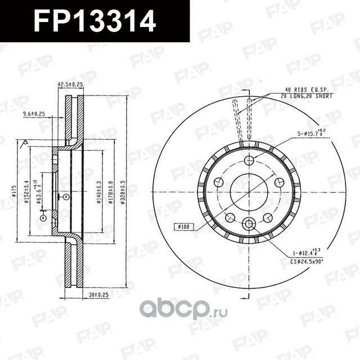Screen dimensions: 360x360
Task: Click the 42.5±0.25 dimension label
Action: pos(70,84)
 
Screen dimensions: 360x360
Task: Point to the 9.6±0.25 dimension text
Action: pos(34,114)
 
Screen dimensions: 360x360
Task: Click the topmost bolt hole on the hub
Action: pos(249,161)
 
